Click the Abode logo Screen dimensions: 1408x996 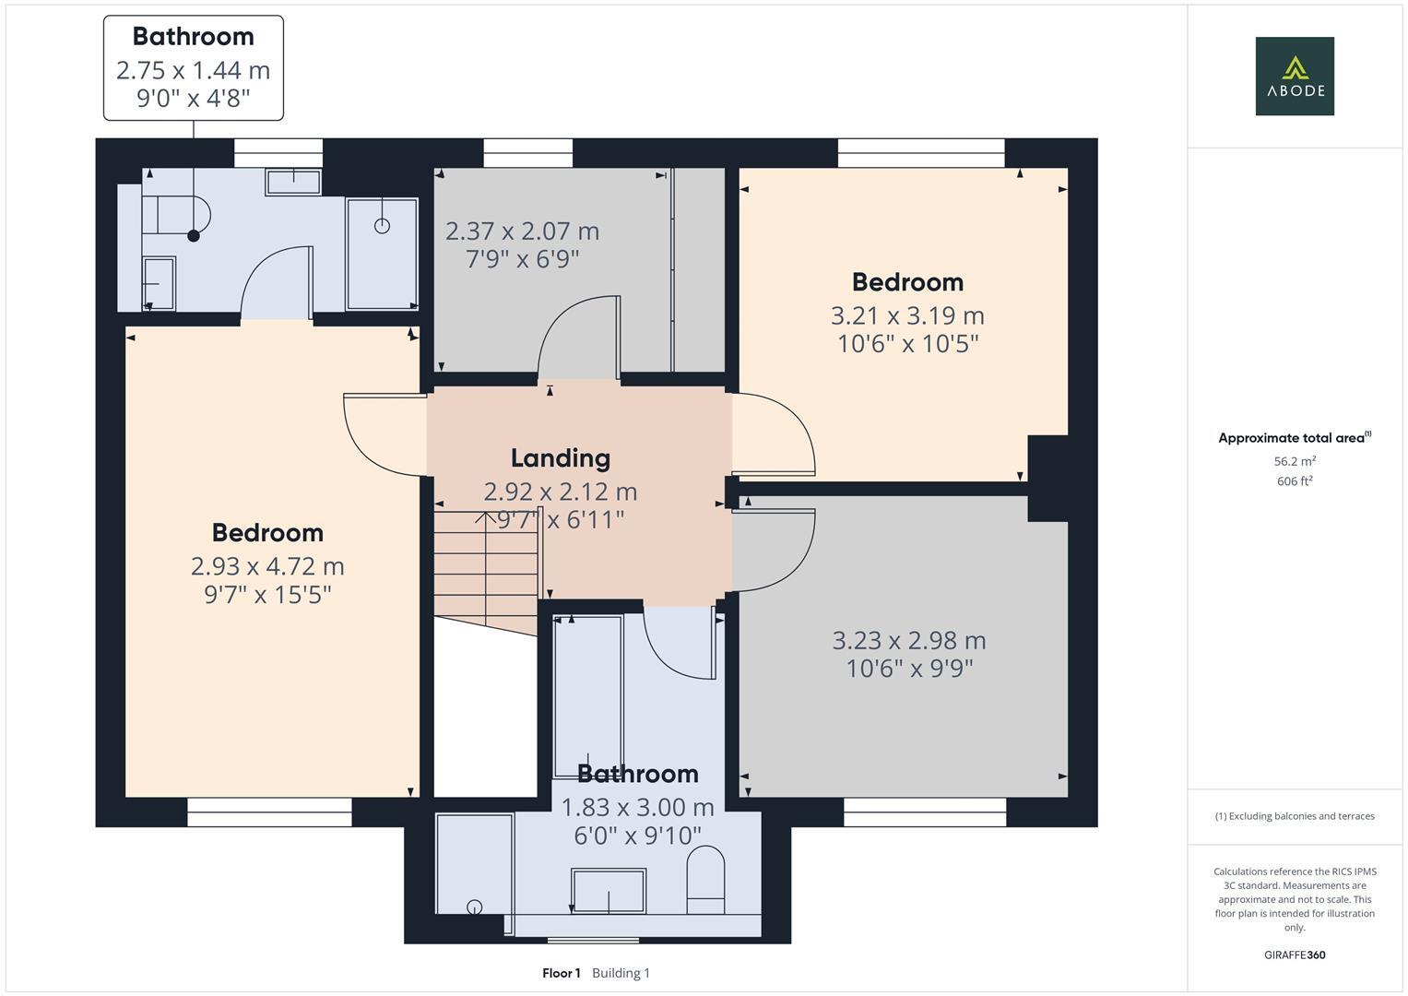(x=1295, y=76)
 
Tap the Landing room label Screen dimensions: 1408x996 (x=560, y=457)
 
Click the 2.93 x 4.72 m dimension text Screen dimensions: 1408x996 (x=267, y=566)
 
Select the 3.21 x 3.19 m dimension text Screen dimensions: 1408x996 (x=907, y=315)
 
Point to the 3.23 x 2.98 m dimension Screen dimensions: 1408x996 (x=909, y=640)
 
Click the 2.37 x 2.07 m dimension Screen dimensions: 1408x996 (x=522, y=231)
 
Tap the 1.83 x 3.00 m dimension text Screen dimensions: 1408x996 (x=637, y=807)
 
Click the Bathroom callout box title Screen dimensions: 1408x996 (x=193, y=37)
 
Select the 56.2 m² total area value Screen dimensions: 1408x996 (x=1295, y=461)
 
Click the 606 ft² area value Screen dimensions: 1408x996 (x=1295, y=481)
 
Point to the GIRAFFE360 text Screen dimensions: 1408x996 (x=1295, y=954)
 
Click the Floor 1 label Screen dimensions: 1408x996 (x=562, y=973)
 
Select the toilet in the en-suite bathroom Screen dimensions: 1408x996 (x=176, y=215)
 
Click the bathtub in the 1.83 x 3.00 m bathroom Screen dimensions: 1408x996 (x=588, y=696)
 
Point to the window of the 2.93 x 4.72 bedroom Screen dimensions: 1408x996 (x=269, y=812)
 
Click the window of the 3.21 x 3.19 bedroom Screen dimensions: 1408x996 (x=921, y=153)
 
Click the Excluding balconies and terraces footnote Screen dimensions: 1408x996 (x=1295, y=816)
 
